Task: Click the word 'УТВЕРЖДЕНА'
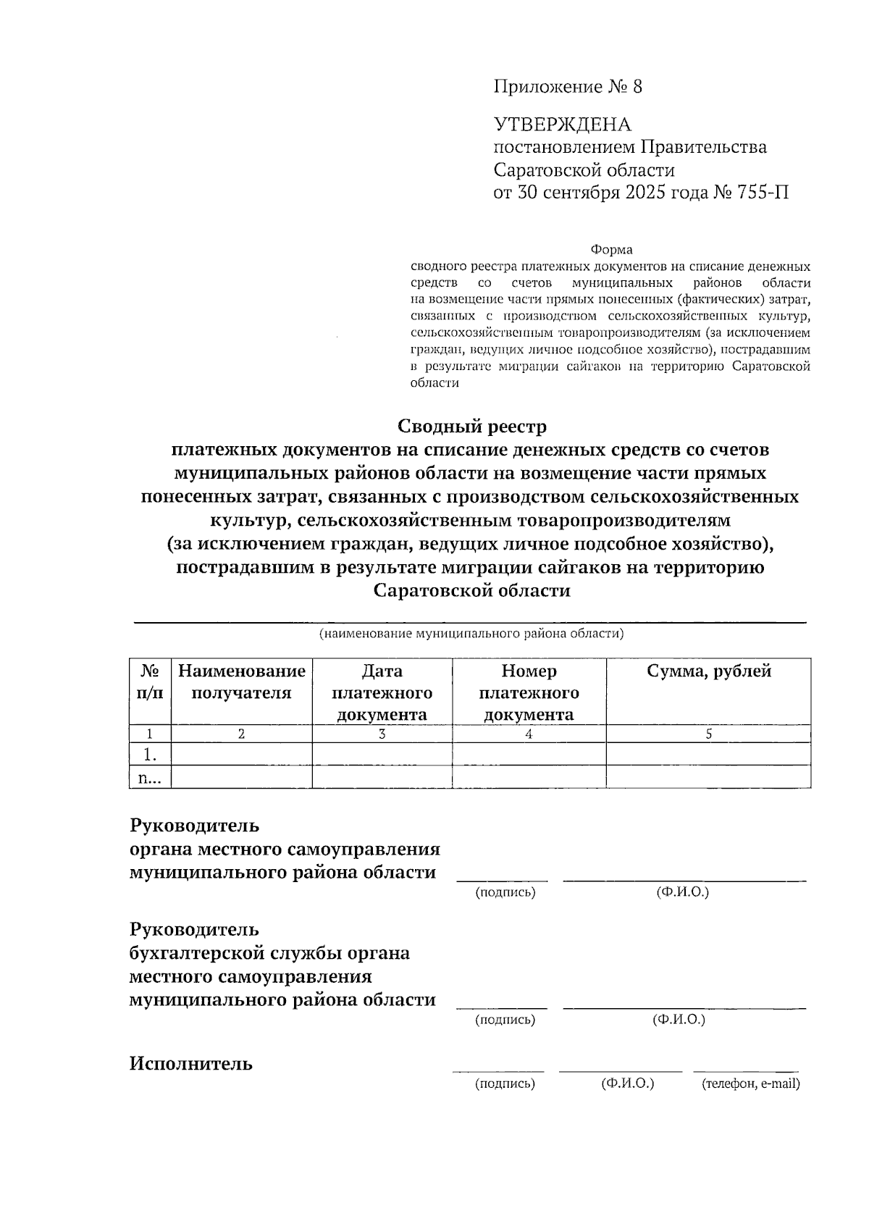point(562,125)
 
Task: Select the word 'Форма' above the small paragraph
point(611,250)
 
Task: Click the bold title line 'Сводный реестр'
point(471,426)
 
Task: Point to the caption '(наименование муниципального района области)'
point(471,634)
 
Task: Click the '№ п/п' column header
point(150,681)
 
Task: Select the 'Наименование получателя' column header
point(241,681)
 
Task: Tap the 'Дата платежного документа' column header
point(382,692)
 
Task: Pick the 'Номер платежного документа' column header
point(529,692)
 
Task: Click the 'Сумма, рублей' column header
point(708,671)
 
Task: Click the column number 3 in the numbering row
point(382,734)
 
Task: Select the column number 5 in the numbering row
point(708,734)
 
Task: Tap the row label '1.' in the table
point(150,755)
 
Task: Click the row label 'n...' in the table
point(150,778)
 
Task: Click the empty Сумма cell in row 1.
point(708,755)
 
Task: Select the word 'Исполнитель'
point(191,1064)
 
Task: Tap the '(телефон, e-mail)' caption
point(750,1084)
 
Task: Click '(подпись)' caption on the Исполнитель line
point(505,1084)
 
